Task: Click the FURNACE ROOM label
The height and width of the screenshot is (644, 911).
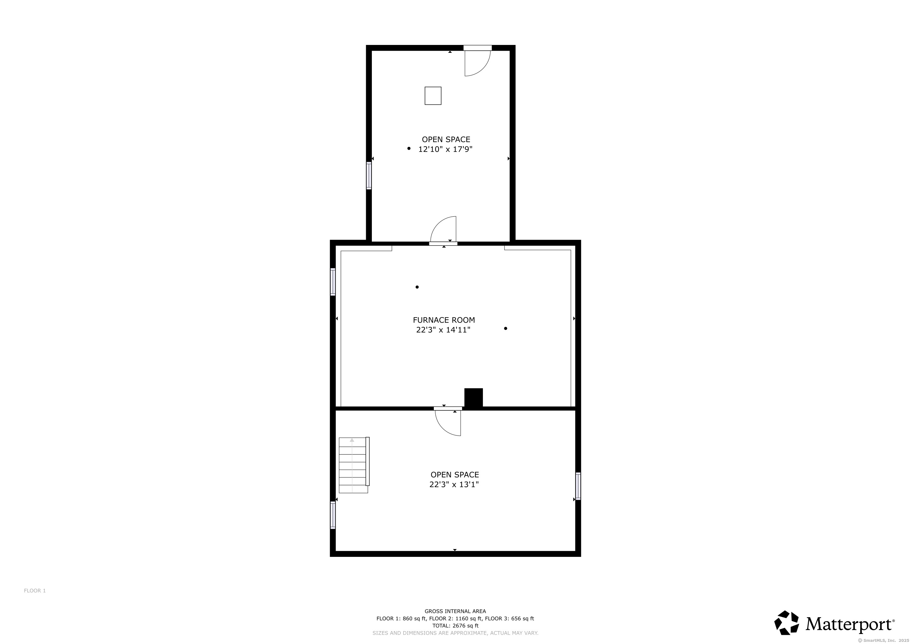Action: pos(444,320)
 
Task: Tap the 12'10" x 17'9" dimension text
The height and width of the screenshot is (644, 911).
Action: pos(445,149)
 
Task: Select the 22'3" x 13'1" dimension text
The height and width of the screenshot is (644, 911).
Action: pos(454,484)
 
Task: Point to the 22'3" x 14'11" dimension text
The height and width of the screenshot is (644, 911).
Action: pos(443,330)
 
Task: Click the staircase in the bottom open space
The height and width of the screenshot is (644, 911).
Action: pos(353,465)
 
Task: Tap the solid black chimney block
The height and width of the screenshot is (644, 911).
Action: pos(473,398)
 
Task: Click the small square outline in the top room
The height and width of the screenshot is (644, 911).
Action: pos(433,96)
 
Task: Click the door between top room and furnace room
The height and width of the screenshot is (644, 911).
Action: pos(444,232)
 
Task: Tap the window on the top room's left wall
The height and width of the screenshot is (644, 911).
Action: pos(369,175)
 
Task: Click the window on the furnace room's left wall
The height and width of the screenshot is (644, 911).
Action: pos(333,282)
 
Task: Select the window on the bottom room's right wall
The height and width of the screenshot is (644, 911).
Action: pos(578,486)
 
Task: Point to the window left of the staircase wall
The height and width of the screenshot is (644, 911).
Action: pos(333,515)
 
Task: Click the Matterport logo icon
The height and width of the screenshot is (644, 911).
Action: pos(787,623)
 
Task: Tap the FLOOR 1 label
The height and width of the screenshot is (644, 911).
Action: pos(35,591)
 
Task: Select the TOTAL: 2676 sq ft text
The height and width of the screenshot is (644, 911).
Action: pos(455,626)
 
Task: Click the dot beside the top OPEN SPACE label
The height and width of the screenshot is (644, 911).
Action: pos(409,148)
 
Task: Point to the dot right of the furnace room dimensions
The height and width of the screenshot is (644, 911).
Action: pos(506,328)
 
